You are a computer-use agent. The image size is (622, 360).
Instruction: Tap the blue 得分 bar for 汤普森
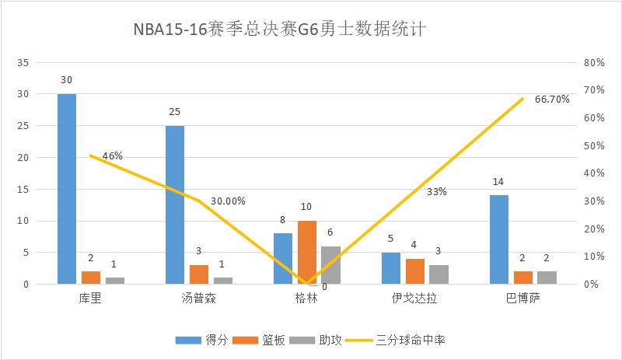click(175, 204)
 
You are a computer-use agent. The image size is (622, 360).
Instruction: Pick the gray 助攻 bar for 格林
click(330, 265)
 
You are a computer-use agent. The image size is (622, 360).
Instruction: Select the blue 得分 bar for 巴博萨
click(499, 239)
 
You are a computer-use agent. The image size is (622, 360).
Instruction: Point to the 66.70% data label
click(552, 100)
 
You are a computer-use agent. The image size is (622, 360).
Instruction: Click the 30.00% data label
click(229, 201)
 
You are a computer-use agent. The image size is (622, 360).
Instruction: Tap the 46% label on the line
click(113, 156)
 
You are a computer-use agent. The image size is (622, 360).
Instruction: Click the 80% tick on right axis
click(594, 62)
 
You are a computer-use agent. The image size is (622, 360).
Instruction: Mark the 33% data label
click(437, 191)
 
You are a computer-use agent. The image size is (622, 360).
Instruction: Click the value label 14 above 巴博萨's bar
click(499, 183)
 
